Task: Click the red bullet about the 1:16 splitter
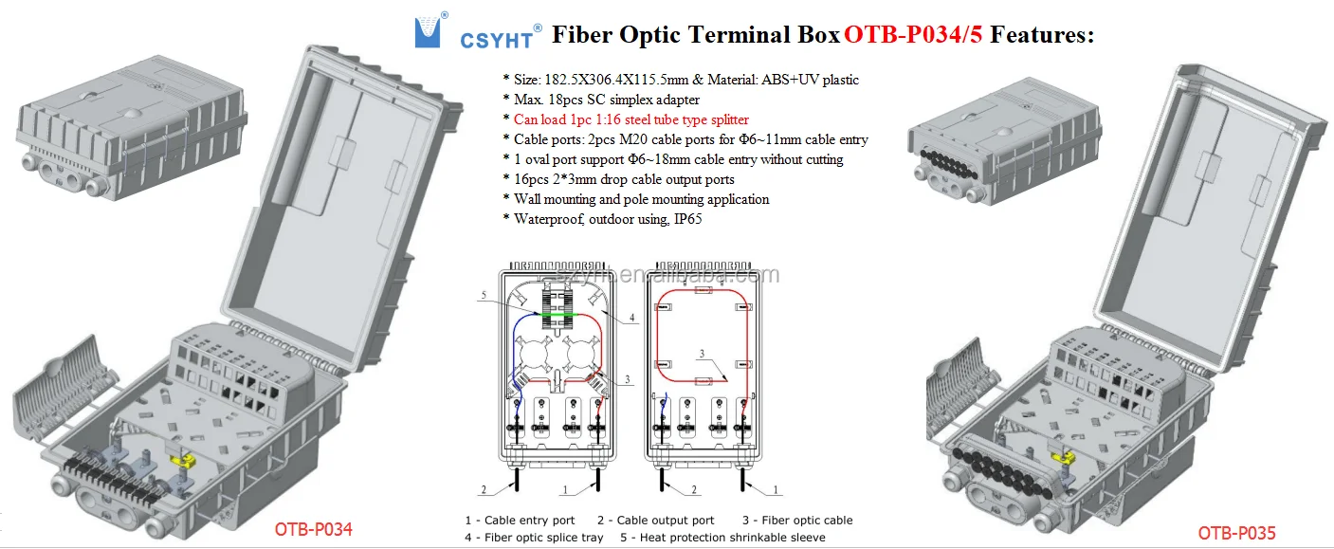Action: (630, 119)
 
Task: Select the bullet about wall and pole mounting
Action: (641, 199)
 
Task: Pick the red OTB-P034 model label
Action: (313, 530)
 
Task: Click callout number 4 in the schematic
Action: (631, 318)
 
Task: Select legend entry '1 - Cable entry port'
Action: (520, 520)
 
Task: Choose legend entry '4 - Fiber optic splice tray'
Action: (534, 538)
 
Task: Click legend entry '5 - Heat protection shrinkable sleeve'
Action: (722, 538)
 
